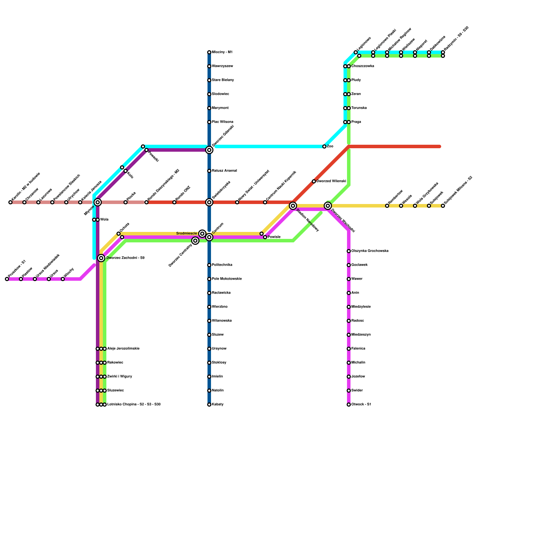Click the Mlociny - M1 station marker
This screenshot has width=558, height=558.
tap(209, 52)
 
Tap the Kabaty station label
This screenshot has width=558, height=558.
tap(218, 405)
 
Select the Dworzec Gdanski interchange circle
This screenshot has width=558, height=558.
tap(209, 150)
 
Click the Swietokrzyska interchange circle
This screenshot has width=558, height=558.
tap(209, 202)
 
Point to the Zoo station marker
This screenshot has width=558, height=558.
tap(324, 146)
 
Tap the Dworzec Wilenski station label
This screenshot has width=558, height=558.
tap(331, 181)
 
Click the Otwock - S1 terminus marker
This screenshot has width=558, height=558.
tap(349, 405)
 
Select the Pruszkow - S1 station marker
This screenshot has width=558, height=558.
tap(7, 279)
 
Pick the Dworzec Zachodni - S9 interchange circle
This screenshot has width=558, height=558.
tap(101, 258)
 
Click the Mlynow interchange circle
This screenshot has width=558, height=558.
tap(98, 202)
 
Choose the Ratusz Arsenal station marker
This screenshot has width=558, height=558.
tap(209, 171)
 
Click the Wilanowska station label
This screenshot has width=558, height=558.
tap(222, 321)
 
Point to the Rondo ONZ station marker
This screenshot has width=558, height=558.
tap(174, 202)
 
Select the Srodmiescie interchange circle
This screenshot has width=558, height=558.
tap(202, 234)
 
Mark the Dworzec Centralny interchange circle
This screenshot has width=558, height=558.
tap(195, 241)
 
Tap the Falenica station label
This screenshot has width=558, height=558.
tap(358, 349)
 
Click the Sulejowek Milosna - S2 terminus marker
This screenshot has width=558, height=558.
tap(443, 206)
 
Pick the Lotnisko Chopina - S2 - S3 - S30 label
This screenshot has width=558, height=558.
tap(134, 405)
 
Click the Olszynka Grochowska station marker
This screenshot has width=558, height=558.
tap(349, 251)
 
